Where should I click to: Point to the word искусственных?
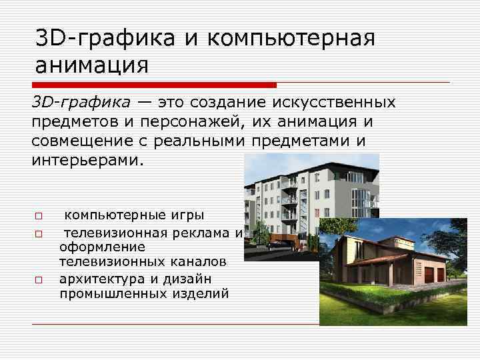point(339,103)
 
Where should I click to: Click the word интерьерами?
point(87,161)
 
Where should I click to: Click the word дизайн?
point(200,278)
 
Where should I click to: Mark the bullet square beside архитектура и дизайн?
point(39,279)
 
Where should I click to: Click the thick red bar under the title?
point(154,85)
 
